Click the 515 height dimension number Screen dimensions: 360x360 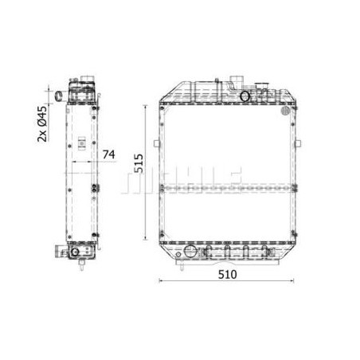pyautogui.click(x=139, y=163)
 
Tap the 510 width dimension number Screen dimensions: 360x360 pyautogui.click(x=228, y=275)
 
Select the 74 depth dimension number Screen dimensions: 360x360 pyautogui.click(x=109, y=155)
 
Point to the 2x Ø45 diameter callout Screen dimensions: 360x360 pyautogui.click(x=42, y=123)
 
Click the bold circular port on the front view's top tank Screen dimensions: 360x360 pyautogui.click(x=245, y=96)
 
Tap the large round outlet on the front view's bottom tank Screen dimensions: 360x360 pyautogui.click(x=190, y=251)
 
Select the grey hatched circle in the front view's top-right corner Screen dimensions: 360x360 pyautogui.click(x=285, y=111)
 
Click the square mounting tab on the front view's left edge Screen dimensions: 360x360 pyautogui.click(x=157, y=143)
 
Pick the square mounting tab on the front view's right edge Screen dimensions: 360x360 pyautogui.click(x=298, y=143)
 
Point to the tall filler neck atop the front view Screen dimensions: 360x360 pyautogui.click(x=236, y=83)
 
